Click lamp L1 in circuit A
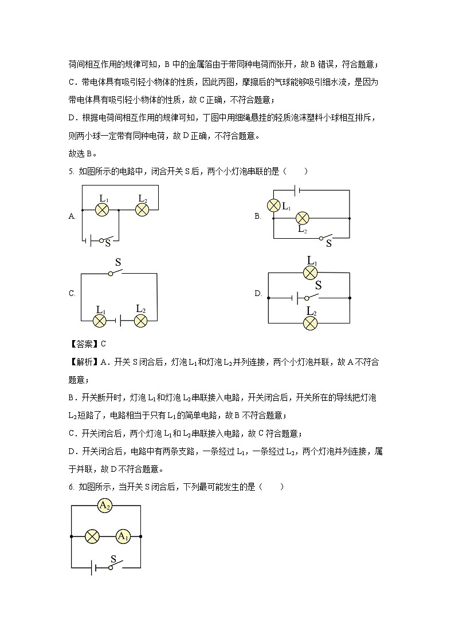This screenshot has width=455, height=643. pos(102,210)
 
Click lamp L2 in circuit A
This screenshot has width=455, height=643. pos(142,210)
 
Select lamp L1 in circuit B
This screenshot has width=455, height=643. pos(274,206)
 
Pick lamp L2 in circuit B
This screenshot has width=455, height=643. pos(302,218)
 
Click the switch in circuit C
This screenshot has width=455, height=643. pos(117,274)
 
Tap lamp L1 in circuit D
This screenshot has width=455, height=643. pos(310,273)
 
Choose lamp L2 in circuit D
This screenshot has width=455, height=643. pos(310,322)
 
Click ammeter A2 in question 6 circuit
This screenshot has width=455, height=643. pos(105,506)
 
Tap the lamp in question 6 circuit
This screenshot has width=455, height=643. pos(92,537)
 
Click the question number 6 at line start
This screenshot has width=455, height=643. pos(70,487)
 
